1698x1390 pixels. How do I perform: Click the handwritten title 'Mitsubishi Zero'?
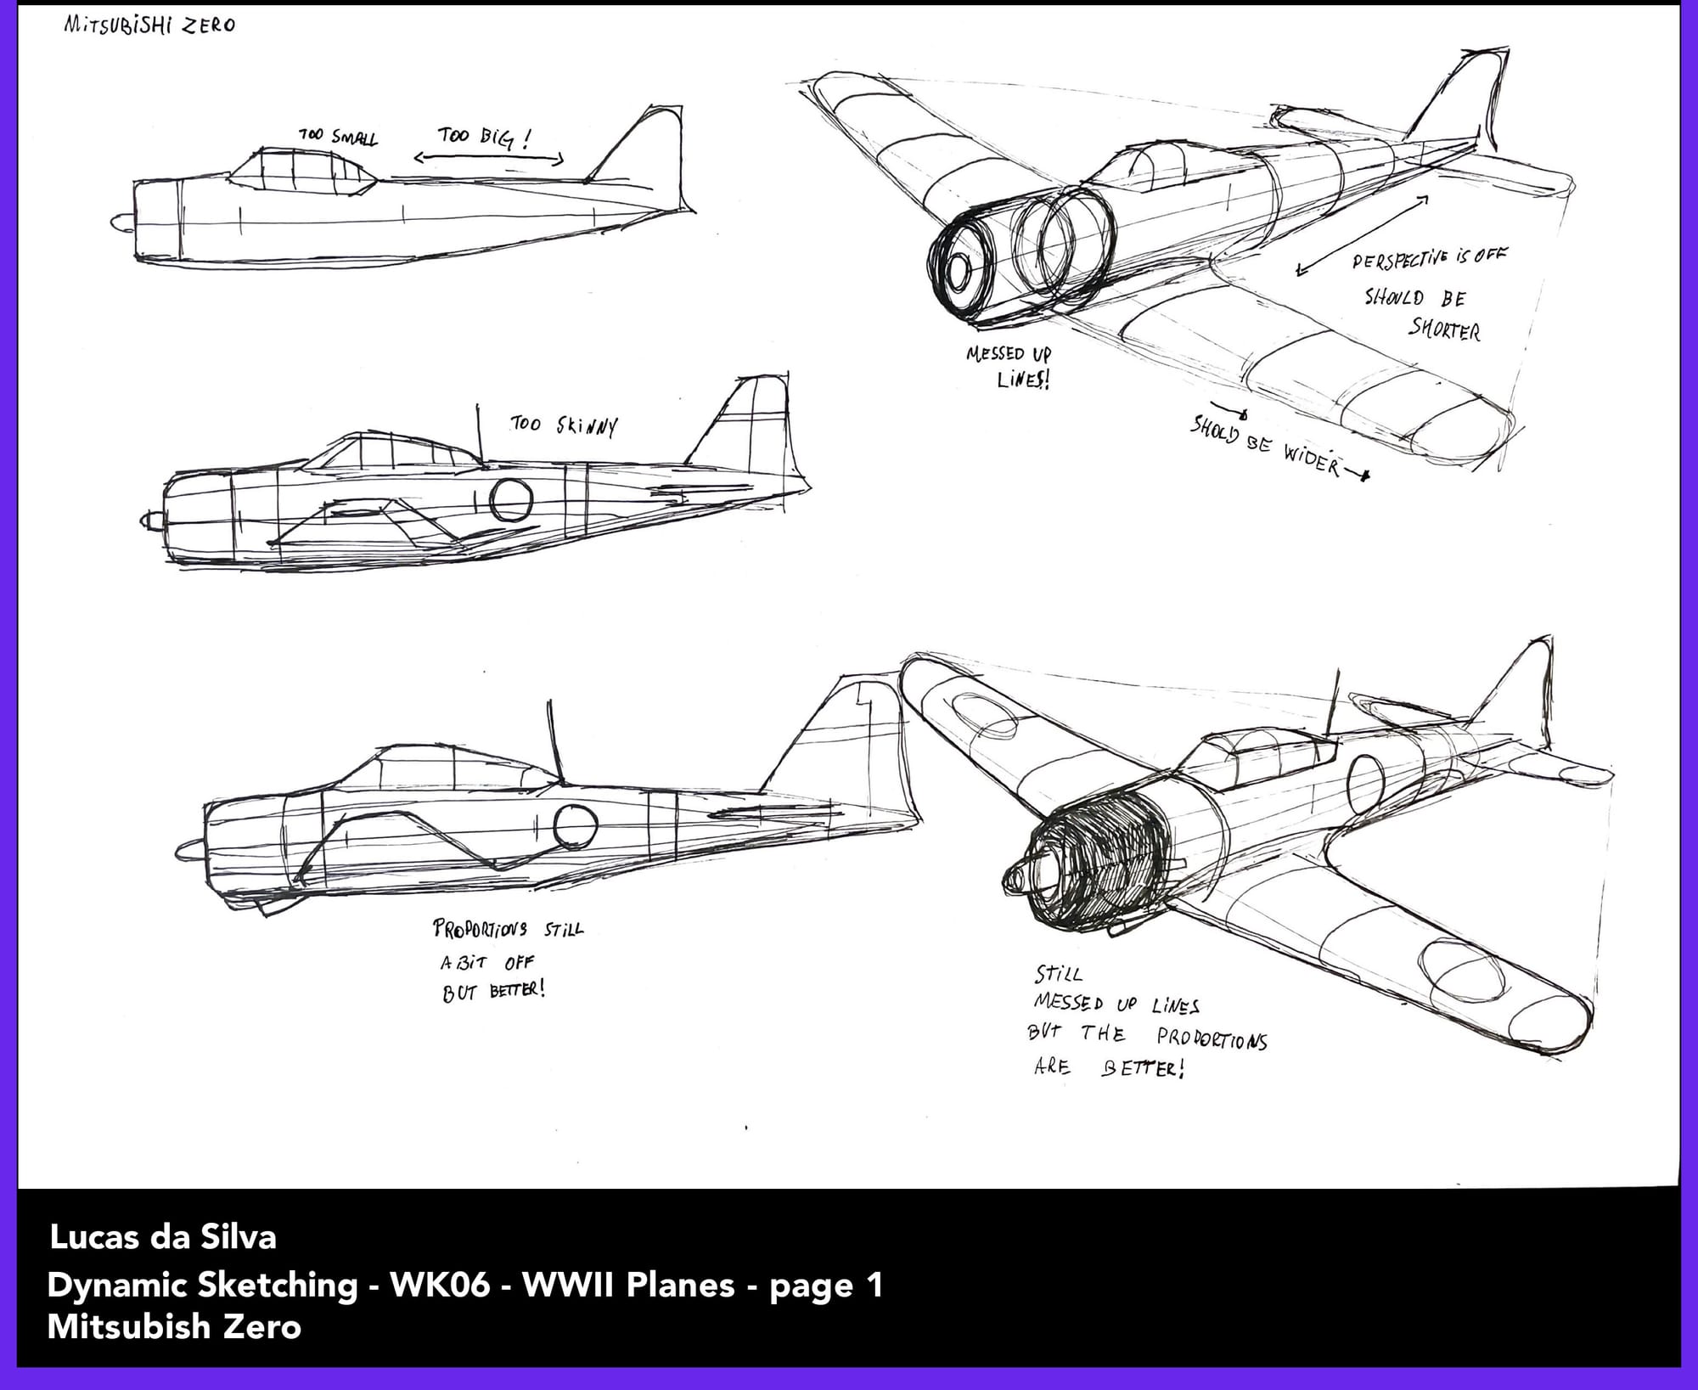[149, 25]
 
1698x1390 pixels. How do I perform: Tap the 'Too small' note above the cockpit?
[338, 136]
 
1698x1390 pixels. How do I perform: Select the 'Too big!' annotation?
[484, 137]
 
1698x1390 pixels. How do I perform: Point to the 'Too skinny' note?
[564, 425]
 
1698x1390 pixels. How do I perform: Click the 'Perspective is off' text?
[1430, 257]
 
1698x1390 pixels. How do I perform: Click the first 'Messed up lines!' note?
[1009, 366]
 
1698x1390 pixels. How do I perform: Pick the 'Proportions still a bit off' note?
[508, 946]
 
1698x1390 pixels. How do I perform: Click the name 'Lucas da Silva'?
[163, 1237]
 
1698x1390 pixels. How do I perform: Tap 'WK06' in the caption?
[440, 1285]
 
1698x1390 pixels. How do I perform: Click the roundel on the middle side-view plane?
[511, 500]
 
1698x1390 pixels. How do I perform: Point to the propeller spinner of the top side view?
[120, 222]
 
